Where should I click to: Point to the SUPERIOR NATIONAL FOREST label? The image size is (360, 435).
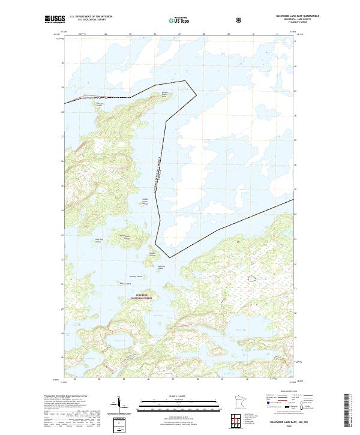click(x=145, y=296)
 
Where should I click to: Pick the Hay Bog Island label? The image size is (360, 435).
click(x=96, y=239)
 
